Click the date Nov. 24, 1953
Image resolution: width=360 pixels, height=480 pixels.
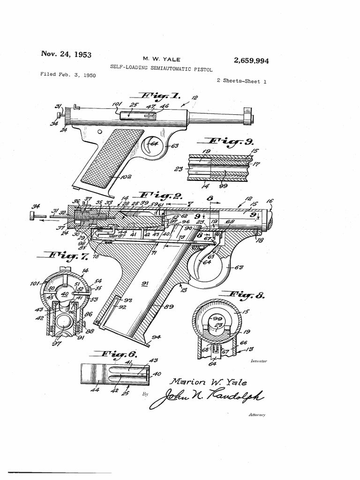point(66,54)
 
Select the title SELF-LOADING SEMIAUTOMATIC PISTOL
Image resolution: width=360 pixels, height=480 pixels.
point(161,68)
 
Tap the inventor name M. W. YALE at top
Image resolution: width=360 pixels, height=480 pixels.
point(161,59)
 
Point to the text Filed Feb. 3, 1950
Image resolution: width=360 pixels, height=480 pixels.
point(68,75)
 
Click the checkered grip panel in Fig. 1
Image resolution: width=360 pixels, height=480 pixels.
point(112,157)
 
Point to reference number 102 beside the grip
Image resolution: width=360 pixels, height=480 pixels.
point(126,177)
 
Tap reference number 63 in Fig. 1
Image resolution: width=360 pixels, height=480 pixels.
point(174,146)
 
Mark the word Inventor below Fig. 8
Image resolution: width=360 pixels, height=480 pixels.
point(259,361)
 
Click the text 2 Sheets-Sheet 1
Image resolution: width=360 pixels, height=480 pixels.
point(241,81)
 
